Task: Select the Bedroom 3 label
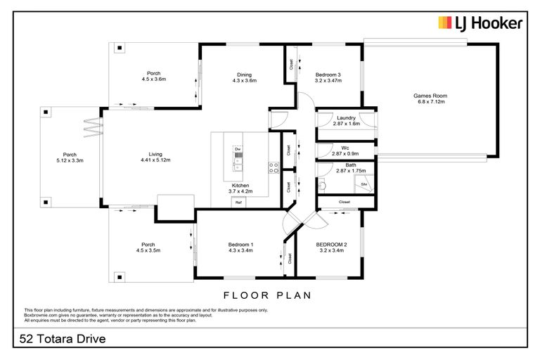click(328, 75)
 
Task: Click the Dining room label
click(244, 75)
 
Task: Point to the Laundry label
click(345, 118)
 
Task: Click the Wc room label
click(345, 148)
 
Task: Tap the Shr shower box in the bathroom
click(364, 184)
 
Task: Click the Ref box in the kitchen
click(239, 202)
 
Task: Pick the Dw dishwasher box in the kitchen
click(238, 150)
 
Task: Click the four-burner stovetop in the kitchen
click(274, 167)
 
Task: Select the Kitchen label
click(241, 186)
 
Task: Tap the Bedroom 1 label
click(240, 245)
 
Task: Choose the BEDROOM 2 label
click(333, 245)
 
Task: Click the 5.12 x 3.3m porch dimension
click(70, 160)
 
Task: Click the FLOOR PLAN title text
click(267, 295)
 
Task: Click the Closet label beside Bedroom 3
click(290, 64)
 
